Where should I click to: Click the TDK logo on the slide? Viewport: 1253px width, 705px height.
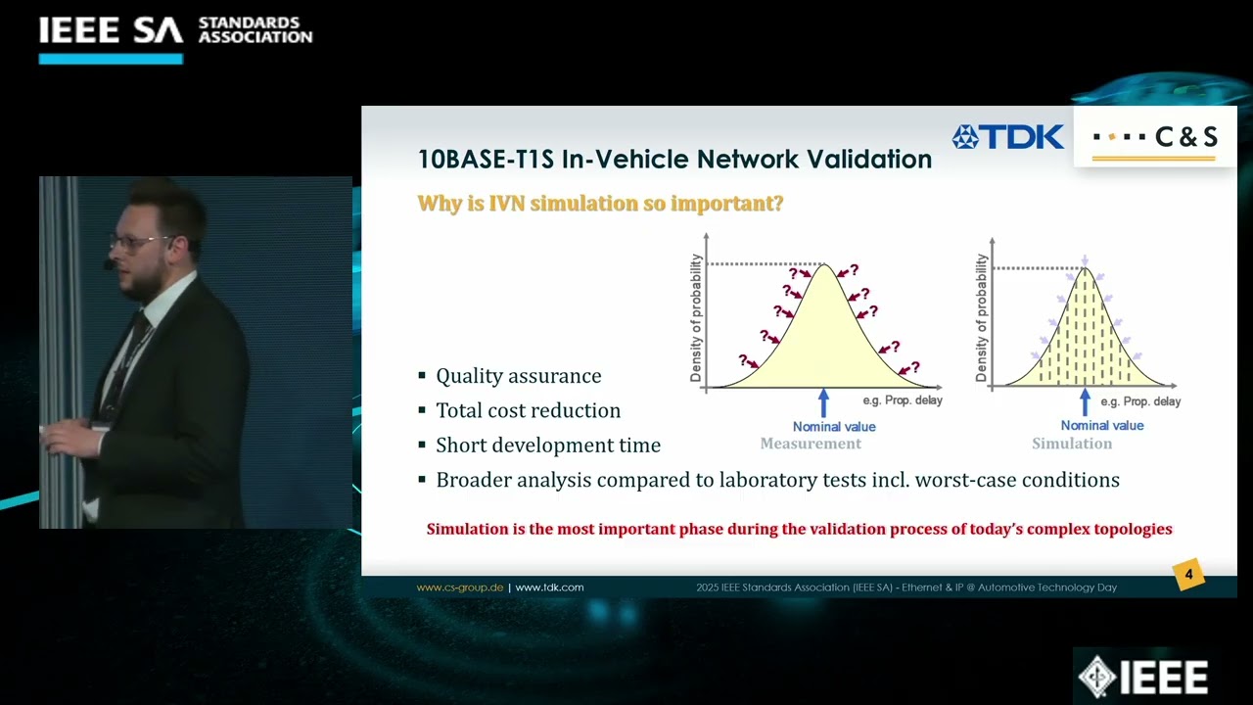click(1008, 137)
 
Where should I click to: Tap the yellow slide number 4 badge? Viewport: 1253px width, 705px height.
click(1188, 575)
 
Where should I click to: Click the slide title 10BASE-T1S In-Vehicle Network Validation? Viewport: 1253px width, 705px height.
click(674, 159)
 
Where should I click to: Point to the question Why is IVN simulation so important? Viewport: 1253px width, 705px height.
click(600, 204)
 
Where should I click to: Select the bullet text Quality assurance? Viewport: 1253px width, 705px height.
click(518, 376)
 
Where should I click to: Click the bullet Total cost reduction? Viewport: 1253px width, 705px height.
click(528, 410)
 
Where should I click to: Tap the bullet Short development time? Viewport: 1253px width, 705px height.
click(547, 446)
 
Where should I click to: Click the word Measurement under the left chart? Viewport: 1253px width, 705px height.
click(811, 444)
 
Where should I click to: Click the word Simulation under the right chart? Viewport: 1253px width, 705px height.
click(1072, 444)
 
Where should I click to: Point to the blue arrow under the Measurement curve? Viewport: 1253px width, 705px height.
click(823, 401)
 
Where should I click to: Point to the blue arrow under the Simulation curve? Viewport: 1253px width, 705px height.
click(1084, 401)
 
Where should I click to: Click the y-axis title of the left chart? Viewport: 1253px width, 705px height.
click(696, 318)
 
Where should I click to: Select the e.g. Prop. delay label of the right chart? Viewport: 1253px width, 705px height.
click(1140, 401)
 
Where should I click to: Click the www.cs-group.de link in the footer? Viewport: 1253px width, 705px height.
click(460, 587)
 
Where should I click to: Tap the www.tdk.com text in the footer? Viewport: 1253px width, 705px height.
click(549, 587)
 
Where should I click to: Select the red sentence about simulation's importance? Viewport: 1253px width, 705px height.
click(799, 529)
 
